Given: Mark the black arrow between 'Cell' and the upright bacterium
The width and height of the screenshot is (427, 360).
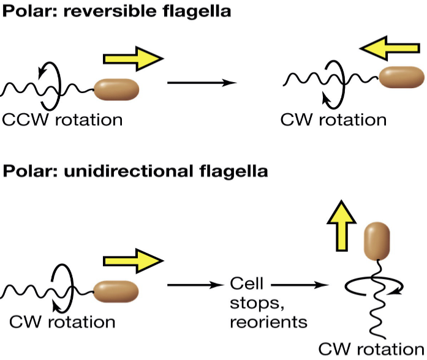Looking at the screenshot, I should click(296, 284).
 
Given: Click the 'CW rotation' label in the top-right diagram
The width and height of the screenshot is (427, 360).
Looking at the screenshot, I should click(333, 119).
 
